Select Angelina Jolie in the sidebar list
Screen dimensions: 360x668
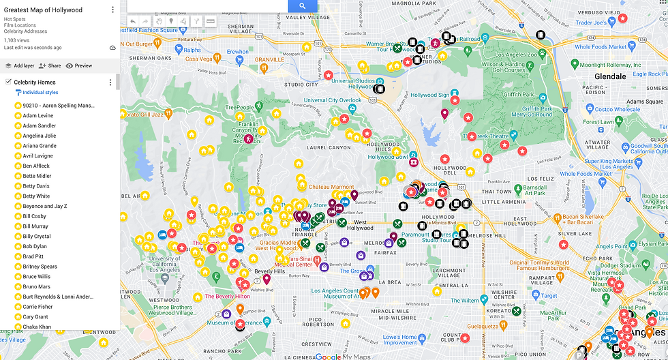39,136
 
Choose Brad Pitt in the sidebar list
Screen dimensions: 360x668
33,256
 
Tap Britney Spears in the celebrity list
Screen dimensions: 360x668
40,267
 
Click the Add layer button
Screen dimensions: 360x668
19,66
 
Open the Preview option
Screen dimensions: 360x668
79,66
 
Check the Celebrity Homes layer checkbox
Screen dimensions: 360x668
7,82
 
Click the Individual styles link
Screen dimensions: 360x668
40,92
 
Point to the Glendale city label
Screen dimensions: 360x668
610,76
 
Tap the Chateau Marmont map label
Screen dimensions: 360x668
331,187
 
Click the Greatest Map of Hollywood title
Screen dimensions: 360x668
43,10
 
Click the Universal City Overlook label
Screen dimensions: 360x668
333,100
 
